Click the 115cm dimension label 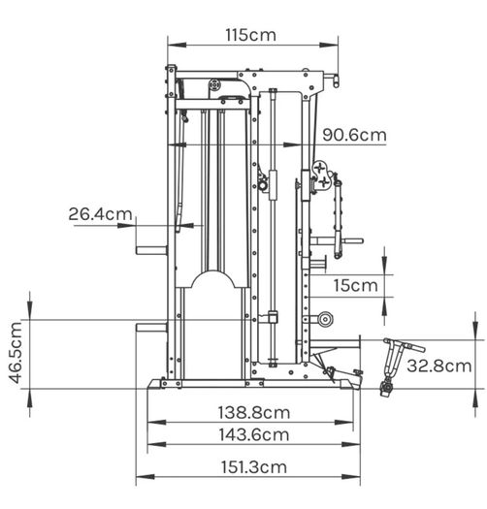[251, 35]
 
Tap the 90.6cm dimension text [354, 135]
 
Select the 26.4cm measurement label [100, 214]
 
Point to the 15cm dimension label [356, 286]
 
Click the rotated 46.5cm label [16, 353]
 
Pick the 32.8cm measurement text [438, 366]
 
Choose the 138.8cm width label [254, 413]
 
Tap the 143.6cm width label [254, 435]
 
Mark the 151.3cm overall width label [254, 467]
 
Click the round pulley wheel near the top [214, 85]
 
